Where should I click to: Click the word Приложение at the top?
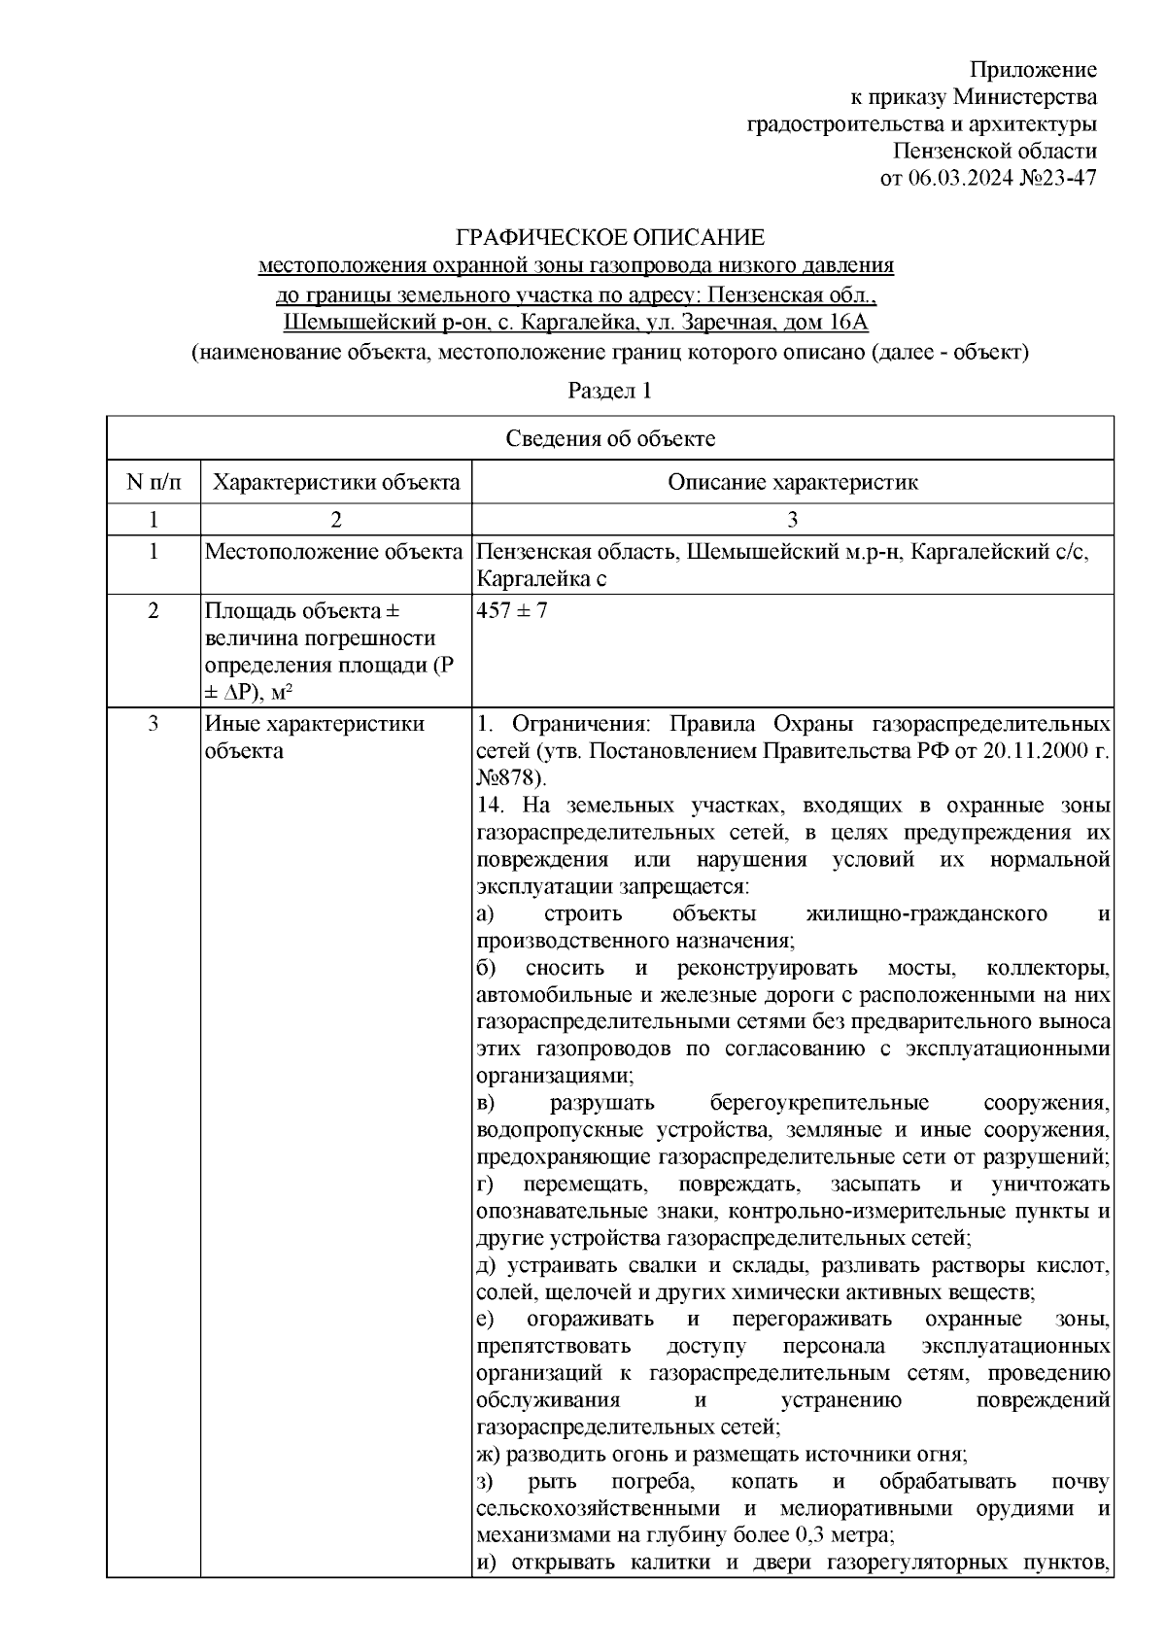pyautogui.click(x=1034, y=70)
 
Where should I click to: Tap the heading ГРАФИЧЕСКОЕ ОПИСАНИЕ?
pyautogui.click(x=610, y=238)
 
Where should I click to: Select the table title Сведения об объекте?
pyautogui.click(x=610, y=438)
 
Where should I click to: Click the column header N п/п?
pyautogui.click(x=154, y=482)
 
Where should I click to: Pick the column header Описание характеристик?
pyautogui.click(x=792, y=482)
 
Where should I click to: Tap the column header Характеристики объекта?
pyautogui.click(x=336, y=482)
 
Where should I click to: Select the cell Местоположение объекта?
pyautogui.click(x=333, y=553)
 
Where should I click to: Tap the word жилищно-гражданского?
pyautogui.click(x=926, y=914)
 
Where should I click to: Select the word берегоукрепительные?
pyautogui.click(x=819, y=1104)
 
